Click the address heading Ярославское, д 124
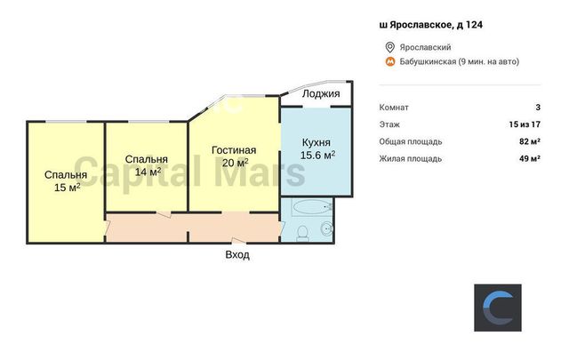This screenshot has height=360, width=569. [x=430, y=25]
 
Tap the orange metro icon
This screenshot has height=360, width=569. [x=389, y=61]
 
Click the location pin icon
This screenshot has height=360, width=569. [x=389, y=47]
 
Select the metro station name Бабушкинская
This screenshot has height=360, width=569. [x=428, y=61]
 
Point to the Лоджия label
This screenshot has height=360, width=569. [x=321, y=93]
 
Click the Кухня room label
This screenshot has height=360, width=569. [x=317, y=142]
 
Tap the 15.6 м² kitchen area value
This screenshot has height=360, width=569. [x=317, y=155]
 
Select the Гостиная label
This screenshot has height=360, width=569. [x=234, y=150]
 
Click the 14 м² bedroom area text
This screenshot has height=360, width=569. [x=148, y=172]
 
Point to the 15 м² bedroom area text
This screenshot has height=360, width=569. [x=68, y=188]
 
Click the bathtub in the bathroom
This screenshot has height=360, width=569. [x=312, y=208]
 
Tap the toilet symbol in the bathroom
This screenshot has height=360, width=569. [x=302, y=233]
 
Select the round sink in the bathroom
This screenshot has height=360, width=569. [x=326, y=228]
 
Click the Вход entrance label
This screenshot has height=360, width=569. [x=237, y=255]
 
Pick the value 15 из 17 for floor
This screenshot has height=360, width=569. [x=525, y=124]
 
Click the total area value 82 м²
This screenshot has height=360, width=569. [x=530, y=141]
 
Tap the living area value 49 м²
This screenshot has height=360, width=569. [x=530, y=158]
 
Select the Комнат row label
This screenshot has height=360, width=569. [x=394, y=108]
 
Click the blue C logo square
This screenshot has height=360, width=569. [x=498, y=308]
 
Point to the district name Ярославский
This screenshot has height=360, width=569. [x=425, y=47]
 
